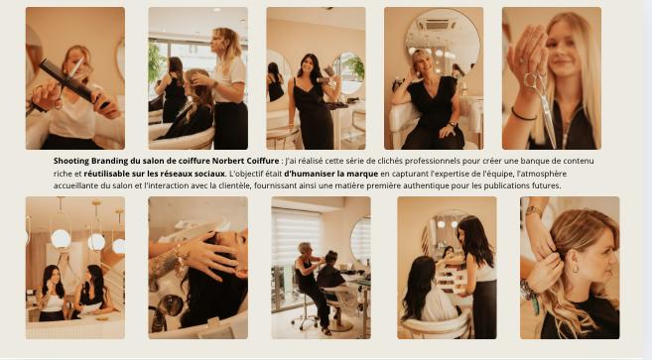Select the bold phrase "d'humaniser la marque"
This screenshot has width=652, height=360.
click(x=331, y=174)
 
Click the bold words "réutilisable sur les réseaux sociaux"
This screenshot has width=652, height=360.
click(x=154, y=174)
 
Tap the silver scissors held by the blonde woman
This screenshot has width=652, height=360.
click(x=541, y=105)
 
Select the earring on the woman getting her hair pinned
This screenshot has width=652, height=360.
click(x=575, y=269)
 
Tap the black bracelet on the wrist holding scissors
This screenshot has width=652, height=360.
click(x=523, y=115)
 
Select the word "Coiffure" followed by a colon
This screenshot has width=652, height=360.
click(x=263, y=161)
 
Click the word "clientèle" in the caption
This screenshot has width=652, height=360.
click(x=236, y=185)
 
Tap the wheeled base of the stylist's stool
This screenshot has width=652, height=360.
click(x=306, y=321)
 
